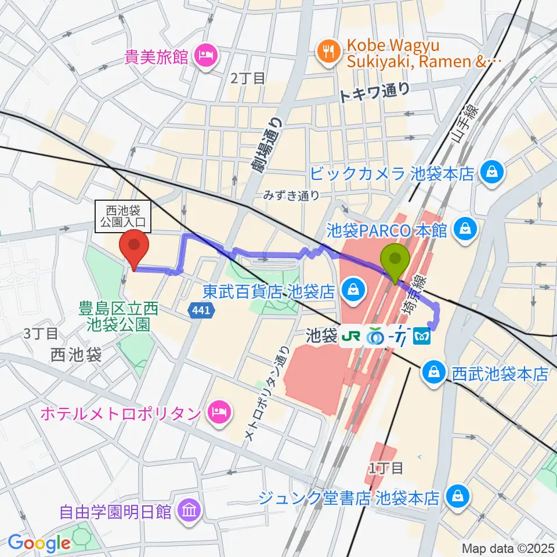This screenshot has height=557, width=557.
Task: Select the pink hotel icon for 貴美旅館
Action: [205, 56]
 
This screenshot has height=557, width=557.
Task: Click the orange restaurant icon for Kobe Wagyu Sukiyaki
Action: [328, 50]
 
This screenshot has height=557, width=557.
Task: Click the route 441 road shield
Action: [200, 311]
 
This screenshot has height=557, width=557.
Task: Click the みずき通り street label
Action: [291, 196]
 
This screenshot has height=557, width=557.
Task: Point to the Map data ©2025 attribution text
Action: [507, 548]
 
